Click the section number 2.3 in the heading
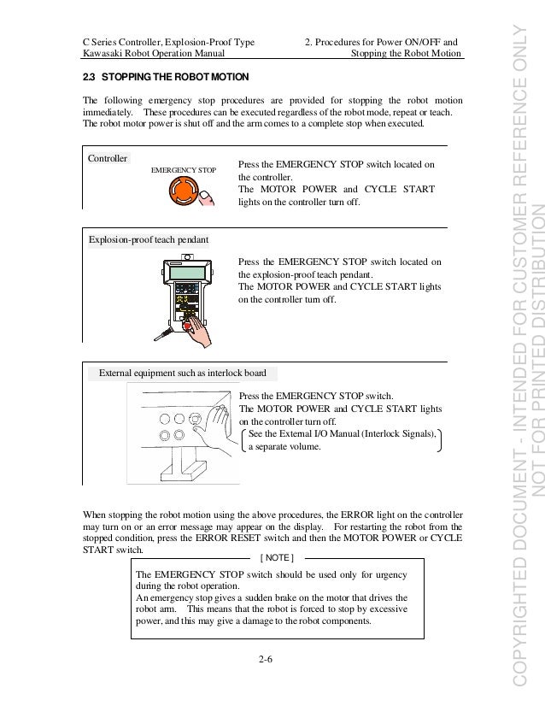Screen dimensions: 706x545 coord(89,77)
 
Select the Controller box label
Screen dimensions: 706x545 coord(108,159)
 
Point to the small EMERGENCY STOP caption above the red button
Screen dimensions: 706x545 coord(183,171)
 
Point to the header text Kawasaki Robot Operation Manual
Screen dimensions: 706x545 coord(144,54)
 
